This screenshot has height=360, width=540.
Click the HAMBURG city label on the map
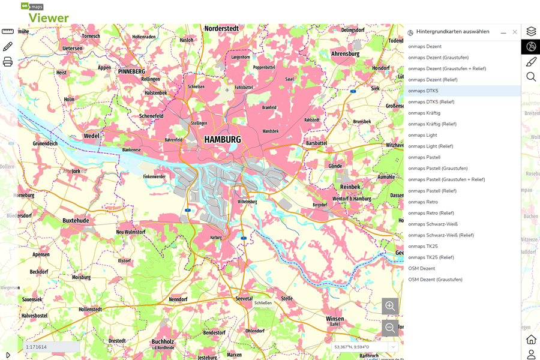pos(222,139)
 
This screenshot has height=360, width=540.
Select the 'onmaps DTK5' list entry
pos(423,91)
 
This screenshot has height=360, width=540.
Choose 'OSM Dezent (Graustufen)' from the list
pos(435,280)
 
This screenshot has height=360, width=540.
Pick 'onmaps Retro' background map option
pos(423,202)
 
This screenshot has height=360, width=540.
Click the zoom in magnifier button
pos(390,306)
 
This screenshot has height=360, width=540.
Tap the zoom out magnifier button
pos(390,328)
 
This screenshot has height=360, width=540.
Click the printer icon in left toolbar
pos(8,62)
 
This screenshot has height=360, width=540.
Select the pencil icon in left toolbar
pos(8,46)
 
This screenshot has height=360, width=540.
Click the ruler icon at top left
pos(8,31)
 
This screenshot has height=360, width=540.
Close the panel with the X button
pos(515,32)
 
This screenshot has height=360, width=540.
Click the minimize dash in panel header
pos(503,32)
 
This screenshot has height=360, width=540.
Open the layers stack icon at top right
pos(531,31)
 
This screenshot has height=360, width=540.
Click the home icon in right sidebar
pos(531,340)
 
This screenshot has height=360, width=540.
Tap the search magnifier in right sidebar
pos(531,77)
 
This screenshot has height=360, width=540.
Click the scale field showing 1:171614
pos(52,347)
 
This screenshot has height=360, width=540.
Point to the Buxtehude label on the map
pos(76,220)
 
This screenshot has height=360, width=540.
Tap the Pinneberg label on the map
pos(131,71)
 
